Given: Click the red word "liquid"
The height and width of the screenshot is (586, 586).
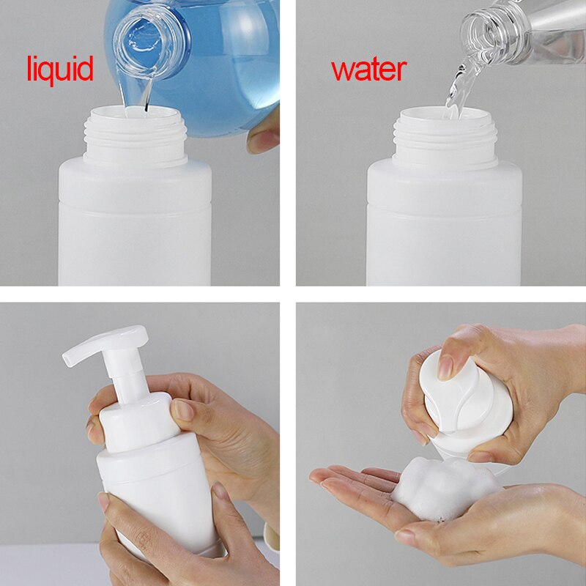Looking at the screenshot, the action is [60, 70].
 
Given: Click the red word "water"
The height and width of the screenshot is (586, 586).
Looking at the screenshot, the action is [369, 70].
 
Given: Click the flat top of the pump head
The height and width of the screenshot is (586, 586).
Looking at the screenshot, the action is [112, 339].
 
